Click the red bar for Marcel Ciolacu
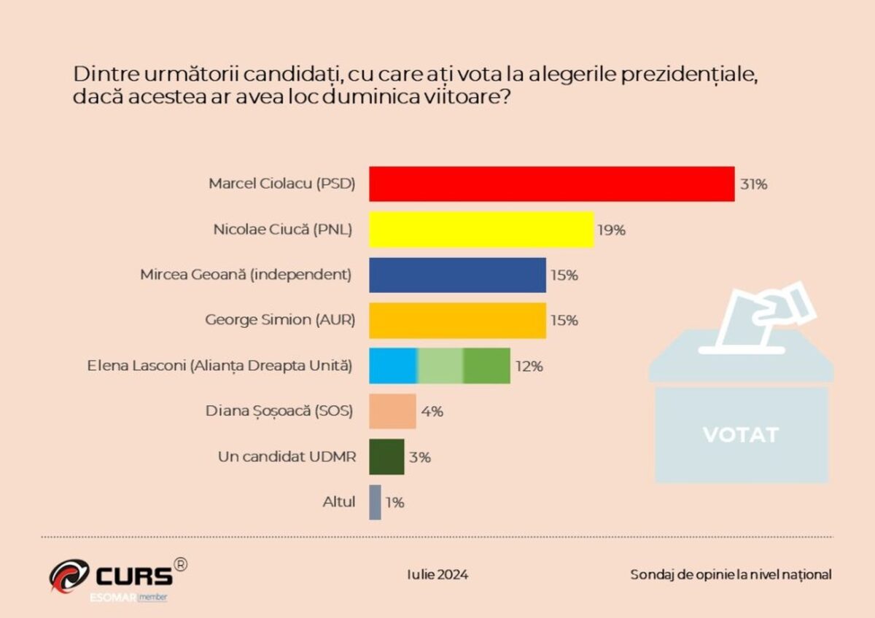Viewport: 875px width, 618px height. coord(551,184)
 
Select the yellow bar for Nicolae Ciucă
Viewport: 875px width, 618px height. coord(481,230)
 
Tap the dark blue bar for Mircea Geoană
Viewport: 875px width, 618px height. coord(457,275)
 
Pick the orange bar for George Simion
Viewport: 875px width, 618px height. coord(457,321)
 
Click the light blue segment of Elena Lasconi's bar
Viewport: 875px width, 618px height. coord(392,366)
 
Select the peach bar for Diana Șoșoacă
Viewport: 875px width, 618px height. coord(392,411)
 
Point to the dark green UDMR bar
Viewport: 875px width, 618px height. coord(386,457)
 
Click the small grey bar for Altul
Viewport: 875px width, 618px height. coord(375,502)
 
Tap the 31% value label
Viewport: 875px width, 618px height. coord(753,184)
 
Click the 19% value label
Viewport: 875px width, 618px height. coord(612,230)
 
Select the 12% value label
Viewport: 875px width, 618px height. coord(529,367)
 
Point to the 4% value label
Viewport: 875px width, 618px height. coord(432,412)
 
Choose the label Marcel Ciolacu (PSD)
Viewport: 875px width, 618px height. coord(281,184)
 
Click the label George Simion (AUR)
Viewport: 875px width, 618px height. coord(280,320)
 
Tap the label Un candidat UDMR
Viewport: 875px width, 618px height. coord(287,457)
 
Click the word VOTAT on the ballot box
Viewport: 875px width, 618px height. coord(741,435)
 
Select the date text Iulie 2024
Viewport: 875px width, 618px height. coord(437,574)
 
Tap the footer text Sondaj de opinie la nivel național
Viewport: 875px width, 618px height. coord(731,574)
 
